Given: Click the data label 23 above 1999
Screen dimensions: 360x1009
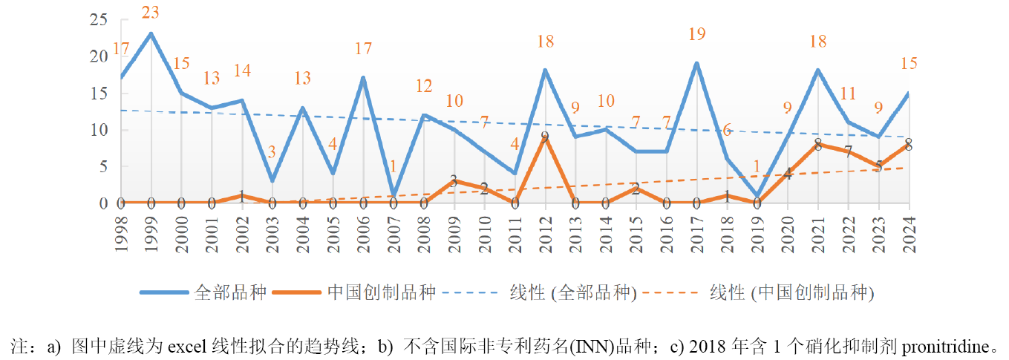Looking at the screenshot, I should point(151,13).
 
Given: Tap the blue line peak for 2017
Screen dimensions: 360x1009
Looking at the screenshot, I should point(696,63).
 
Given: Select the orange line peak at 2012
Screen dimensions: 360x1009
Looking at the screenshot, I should point(545,137).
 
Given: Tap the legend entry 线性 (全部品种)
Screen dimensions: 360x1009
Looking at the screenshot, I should point(572,292).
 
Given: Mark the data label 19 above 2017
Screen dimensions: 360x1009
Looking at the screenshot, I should point(696,33).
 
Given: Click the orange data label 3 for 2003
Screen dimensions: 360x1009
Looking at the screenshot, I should point(272,152).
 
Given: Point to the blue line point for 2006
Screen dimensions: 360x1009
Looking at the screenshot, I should point(363,77).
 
